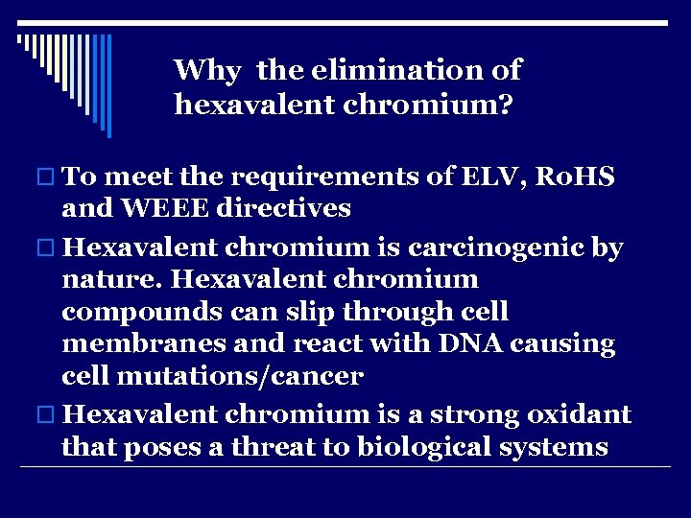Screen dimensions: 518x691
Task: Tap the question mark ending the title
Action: [504, 104]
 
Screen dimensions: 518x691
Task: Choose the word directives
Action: [285, 207]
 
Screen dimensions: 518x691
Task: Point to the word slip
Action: [318, 313]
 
